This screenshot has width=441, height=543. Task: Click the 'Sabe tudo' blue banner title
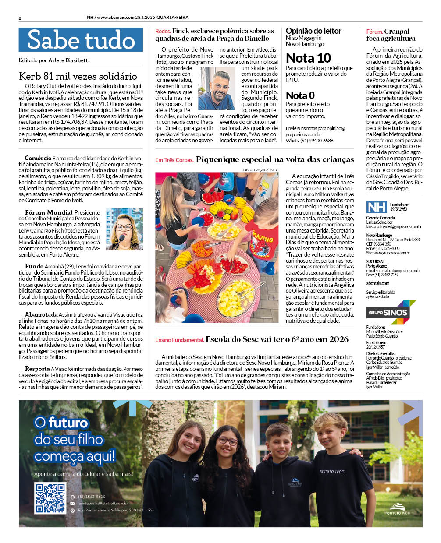(x=81, y=40)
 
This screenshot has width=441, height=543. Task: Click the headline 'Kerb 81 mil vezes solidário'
(x=78, y=76)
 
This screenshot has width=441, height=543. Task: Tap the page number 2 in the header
(x=20, y=18)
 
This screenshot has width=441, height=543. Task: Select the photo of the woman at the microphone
(x=124, y=229)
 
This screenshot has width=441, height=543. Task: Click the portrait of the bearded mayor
(x=217, y=88)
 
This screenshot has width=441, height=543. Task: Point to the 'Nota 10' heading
(x=308, y=58)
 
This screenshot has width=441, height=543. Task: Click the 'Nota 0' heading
(x=300, y=95)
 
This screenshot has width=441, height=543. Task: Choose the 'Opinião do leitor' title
(x=313, y=31)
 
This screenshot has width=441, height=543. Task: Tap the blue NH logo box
(x=376, y=207)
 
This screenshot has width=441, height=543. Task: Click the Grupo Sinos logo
(x=390, y=312)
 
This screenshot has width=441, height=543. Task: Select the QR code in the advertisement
(x=50, y=498)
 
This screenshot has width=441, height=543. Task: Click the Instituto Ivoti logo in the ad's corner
(x=397, y=508)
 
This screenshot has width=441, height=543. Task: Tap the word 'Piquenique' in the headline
(x=217, y=159)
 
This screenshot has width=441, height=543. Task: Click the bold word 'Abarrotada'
(x=41, y=314)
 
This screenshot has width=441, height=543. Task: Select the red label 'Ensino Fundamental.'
(x=179, y=340)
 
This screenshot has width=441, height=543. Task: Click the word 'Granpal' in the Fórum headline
(x=397, y=32)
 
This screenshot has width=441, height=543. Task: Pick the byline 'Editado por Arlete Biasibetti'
(x=54, y=60)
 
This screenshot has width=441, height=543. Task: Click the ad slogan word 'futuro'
(x=68, y=423)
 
